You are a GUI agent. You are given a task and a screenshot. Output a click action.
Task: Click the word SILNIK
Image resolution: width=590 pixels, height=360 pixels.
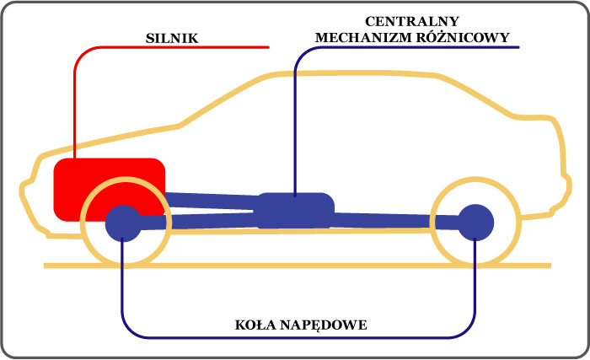click(x=172, y=38)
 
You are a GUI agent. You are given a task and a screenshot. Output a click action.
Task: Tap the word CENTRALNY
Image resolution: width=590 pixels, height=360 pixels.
click(x=412, y=21)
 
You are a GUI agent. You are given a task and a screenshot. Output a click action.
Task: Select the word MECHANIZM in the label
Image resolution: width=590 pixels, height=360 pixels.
click(x=362, y=37)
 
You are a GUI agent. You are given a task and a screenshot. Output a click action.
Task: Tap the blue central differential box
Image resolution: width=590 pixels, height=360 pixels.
click(x=296, y=210)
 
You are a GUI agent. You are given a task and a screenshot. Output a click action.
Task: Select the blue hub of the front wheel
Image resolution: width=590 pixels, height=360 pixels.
click(x=123, y=223)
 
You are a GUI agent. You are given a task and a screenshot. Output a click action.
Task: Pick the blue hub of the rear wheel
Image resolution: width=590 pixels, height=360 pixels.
click(x=475, y=223)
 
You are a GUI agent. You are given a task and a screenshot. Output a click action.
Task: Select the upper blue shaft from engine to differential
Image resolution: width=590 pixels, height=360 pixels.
click(x=212, y=201)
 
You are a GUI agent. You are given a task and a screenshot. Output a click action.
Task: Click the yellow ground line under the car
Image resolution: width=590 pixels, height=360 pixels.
click(x=298, y=266)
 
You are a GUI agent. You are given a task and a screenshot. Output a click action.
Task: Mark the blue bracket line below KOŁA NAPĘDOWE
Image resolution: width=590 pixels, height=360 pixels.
click(x=298, y=337)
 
